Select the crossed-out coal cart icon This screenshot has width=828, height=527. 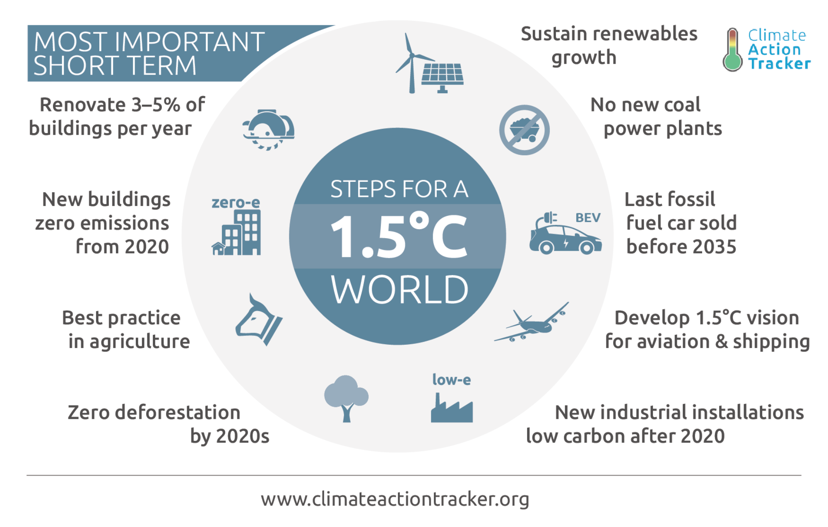[x=524, y=130]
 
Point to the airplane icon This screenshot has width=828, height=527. [x=532, y=323]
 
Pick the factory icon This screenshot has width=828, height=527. [x=452, y=408]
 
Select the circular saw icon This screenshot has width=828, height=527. [x=268, y=130]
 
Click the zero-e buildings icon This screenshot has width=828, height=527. [x=236, y=232]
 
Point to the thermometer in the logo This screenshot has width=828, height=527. [x=733, y=50]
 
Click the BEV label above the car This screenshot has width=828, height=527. [x=588, y=218]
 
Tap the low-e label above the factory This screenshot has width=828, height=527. [x=452, y=380]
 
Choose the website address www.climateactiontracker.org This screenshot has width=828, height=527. [x=395, y=499]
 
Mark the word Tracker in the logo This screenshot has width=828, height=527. [x=779, y=63]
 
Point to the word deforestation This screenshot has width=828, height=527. [x=178, y=413]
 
